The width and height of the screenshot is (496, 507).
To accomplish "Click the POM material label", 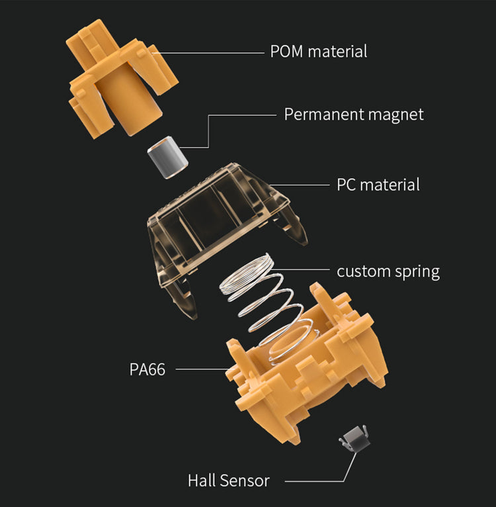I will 318,51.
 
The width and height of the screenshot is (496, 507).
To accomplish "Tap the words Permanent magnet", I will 354,114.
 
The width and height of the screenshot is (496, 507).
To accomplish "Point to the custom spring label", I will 388,271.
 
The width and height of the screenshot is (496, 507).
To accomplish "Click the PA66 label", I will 147,369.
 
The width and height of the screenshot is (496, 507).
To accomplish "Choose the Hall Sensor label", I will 228,480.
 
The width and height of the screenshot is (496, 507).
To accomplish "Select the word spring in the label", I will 415,271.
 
